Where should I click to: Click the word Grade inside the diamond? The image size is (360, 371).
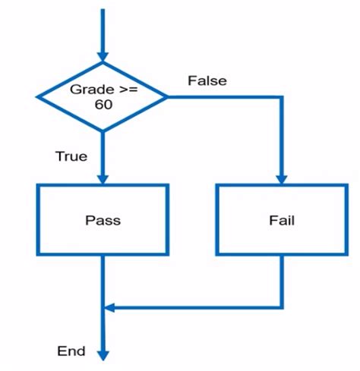[88, 89]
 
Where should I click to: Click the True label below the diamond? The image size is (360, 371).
[71, 157]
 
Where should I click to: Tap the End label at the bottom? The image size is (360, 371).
[71, 351]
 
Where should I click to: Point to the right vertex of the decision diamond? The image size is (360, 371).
[167, 96]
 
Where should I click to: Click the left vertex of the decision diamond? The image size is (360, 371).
[38, 96]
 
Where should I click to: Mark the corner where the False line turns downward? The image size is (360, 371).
[282, 97]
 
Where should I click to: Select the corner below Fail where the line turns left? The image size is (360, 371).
[282, 307]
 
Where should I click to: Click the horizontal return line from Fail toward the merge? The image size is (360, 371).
[197, 307]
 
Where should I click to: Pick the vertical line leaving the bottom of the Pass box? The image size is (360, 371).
[103, 277]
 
